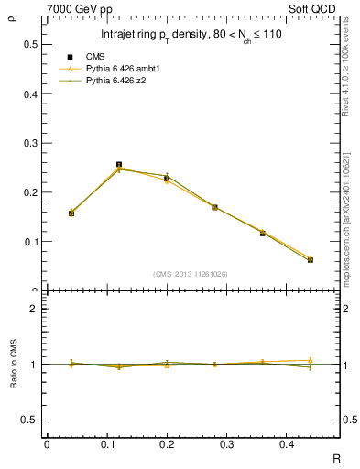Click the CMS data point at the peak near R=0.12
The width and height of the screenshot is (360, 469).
pos(119,165)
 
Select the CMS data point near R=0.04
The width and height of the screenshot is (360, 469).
pos(71,213)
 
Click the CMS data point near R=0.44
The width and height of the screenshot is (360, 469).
pos(311,260)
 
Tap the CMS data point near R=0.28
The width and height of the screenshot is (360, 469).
pos(214,208)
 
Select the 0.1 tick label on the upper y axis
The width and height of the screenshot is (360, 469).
pos(29,242)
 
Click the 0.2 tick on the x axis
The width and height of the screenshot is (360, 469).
pos(167,444)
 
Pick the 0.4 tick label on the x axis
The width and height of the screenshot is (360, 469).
pos(287,444)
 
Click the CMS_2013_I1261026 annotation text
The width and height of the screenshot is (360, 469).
pos(191,274)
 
